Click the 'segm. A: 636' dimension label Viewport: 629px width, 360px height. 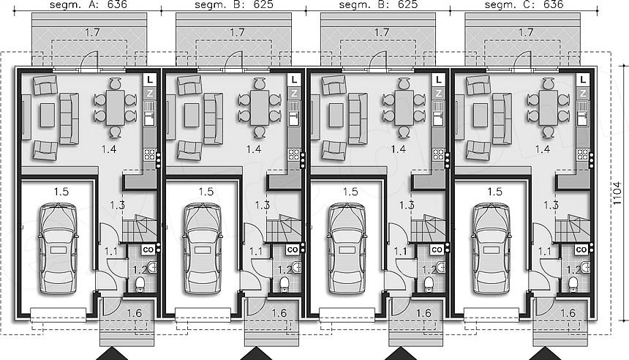(x=88, y=5)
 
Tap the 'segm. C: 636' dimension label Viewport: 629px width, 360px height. (x=524, y=5)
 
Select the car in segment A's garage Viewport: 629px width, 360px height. (x=59, y=249)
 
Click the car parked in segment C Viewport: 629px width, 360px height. (x=491, y=249)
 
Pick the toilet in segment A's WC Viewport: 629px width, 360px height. (x=140, y=284)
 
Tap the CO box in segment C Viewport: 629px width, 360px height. (x=581, y=250)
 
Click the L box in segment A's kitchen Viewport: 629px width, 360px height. (x=150, y=80)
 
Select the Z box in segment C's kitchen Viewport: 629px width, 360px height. (x=583, y=94)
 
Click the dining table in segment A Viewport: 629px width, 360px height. (x=115, y=108)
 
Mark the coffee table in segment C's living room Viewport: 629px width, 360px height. (x=481, y=115)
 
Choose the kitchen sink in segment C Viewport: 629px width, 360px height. (x=583, y=113)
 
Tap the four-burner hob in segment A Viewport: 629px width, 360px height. (x=150, y=154)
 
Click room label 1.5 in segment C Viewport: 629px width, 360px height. (x=494, y=192)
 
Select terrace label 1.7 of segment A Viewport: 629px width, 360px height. (x=92, y=32)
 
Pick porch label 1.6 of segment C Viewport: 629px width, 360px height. (x=568, y=312)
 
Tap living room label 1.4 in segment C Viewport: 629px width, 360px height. (x=543, y=149)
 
